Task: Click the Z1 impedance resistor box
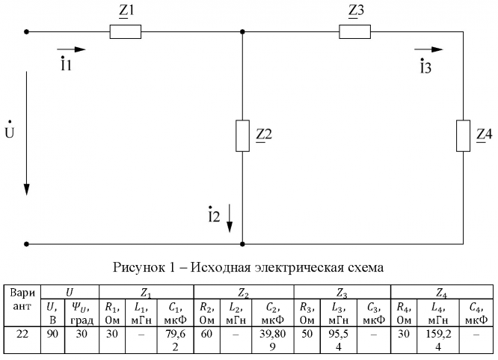coord(125,32)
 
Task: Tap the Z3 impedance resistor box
coord(354,32)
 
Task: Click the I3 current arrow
coord(428,50)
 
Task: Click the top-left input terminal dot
coord(28,32)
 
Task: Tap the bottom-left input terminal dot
coord(28,244)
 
